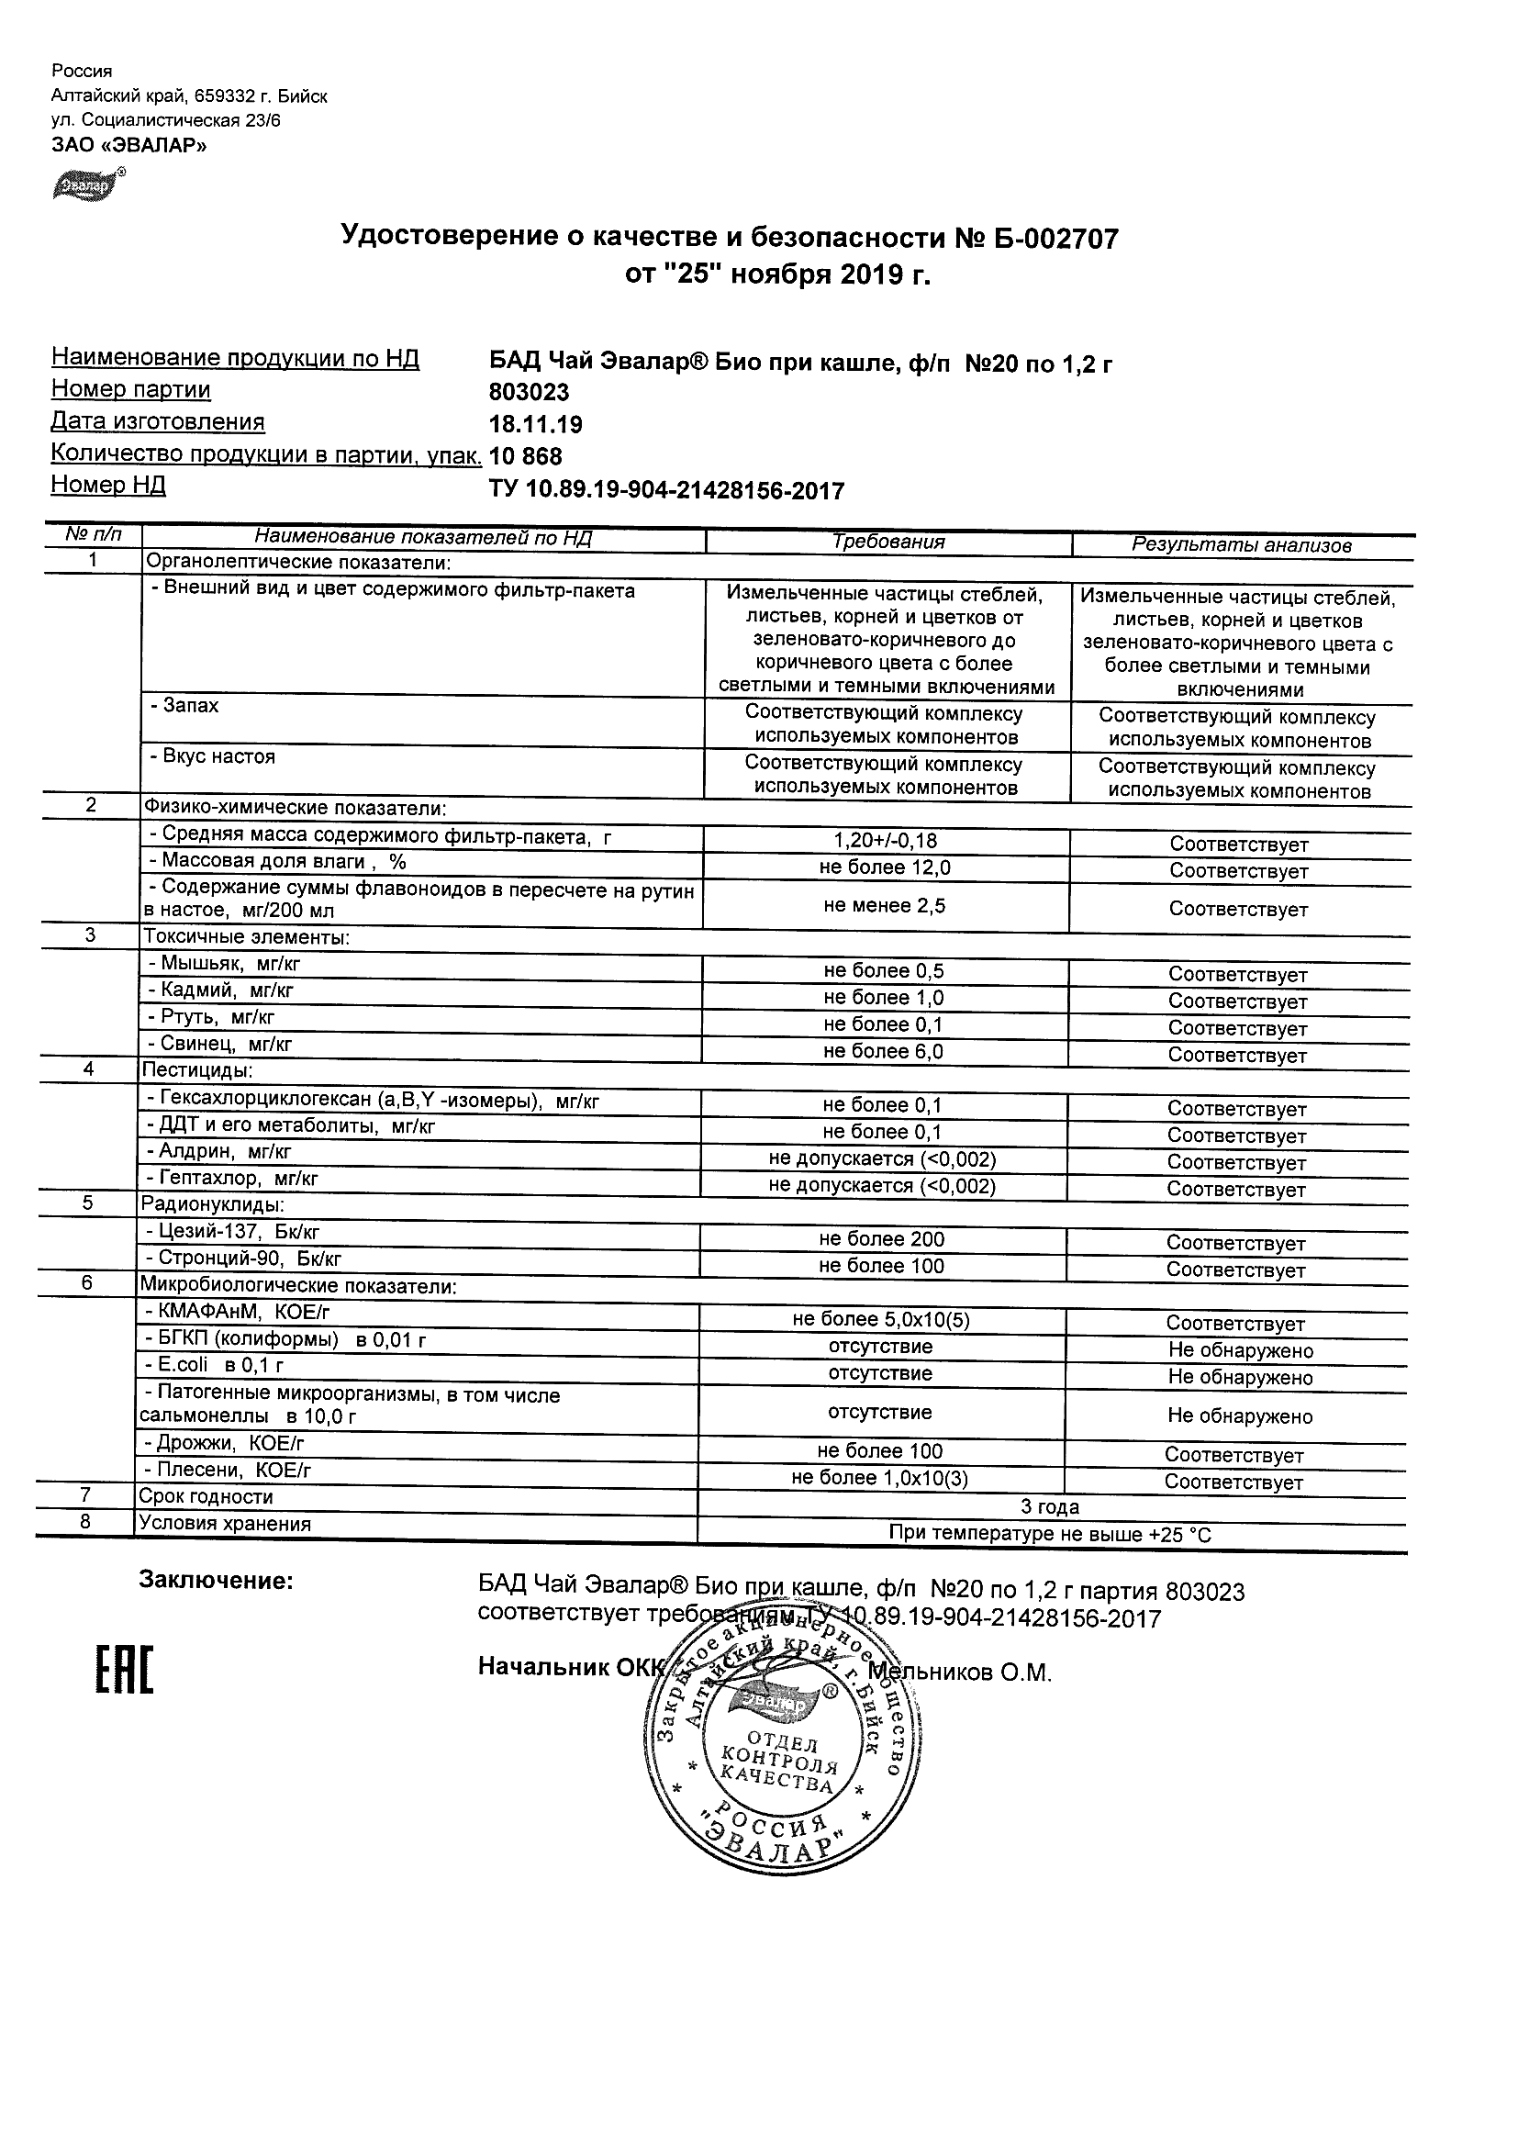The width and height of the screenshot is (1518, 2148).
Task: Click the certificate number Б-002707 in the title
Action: [1048, 240]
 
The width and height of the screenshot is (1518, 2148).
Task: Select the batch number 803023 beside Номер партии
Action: [530, 393]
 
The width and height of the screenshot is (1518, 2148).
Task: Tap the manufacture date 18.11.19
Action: [536, 425]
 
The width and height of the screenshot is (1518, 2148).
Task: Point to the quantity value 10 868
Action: [526, 456]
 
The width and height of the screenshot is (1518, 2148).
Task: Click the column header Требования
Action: [888, 542]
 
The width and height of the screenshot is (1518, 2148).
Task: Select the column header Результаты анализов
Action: [1241, 545]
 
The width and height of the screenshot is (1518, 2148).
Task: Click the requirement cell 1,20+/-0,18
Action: [885, 840]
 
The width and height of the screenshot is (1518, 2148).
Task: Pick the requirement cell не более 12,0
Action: [885, 867]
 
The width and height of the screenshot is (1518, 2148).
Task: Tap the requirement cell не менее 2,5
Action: [885, 905]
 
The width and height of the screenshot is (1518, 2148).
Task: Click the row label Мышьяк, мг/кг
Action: [225, 964]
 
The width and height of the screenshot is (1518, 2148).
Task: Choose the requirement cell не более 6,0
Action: [884, 1052]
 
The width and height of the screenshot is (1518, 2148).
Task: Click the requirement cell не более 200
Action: [882, 1238]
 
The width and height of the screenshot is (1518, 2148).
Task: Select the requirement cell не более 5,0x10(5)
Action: [881, 1320]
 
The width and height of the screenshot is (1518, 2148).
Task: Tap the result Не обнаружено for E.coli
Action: [1240, 1377]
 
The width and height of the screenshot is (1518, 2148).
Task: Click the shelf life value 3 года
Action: [1049, 1507]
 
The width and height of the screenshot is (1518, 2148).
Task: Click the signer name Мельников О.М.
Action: [961, 1672]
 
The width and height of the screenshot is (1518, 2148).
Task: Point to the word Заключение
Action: [216, 1581]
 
